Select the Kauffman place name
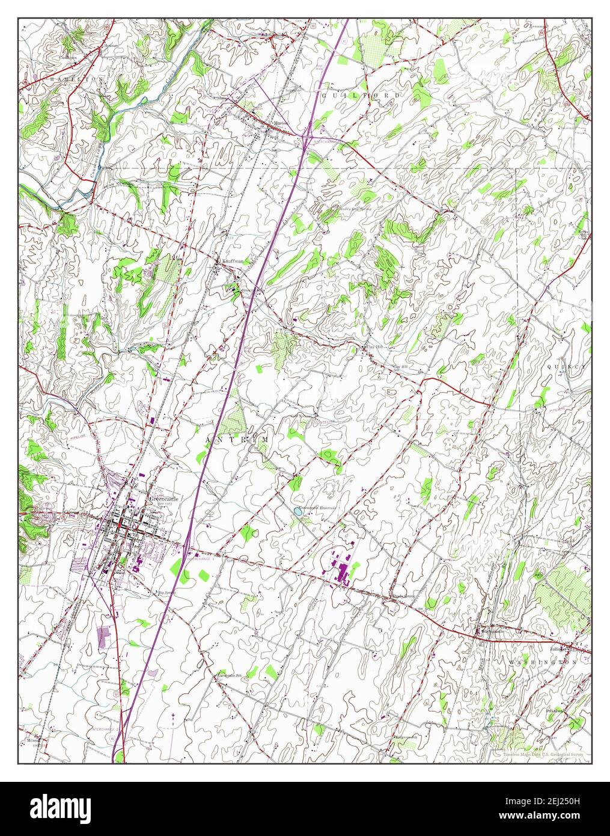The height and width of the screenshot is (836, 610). [x=231, y=261]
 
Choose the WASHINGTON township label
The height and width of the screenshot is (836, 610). [x=546, y=662]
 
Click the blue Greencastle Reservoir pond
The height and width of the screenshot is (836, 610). [x=297, y=512]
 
